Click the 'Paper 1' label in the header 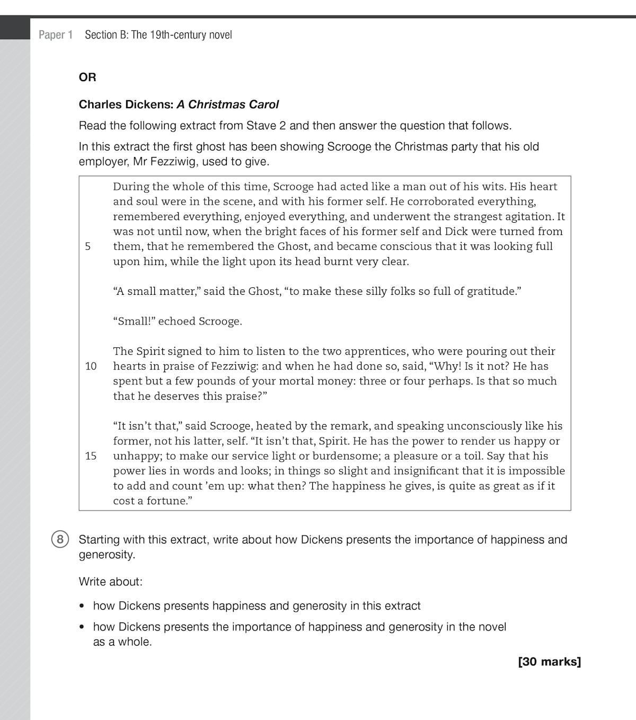pos(56,35)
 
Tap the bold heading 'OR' pos(87,77)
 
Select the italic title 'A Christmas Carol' pos(228,104)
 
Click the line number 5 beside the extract pos(88,247)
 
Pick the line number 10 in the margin pos(91,366)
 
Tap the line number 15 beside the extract pos(91,456)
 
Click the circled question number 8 pos(60,540)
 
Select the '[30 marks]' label pos(549,662)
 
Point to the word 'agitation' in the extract pos(520,216)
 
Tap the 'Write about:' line pos(111,582)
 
